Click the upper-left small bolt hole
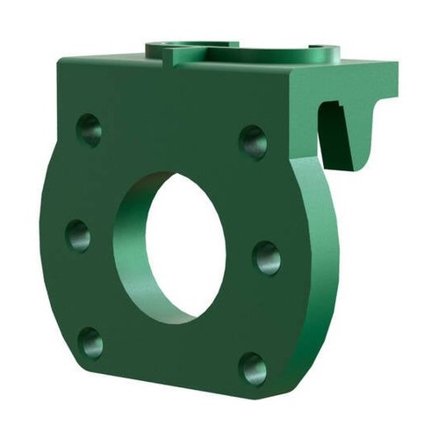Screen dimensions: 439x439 (89, 129)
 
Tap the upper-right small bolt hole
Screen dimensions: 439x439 (253, 141)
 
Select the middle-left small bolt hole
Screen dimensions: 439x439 (78, 235)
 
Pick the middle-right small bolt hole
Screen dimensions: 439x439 (267, 259)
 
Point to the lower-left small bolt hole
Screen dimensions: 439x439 (90, 342)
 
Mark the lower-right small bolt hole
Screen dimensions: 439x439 (253, 368)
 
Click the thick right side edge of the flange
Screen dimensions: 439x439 (316, 263)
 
